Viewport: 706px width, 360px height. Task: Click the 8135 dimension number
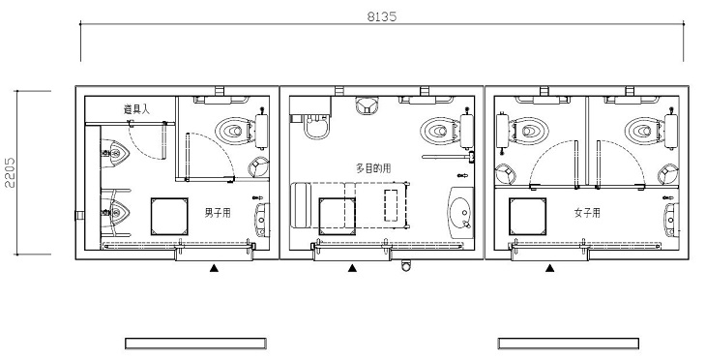tap(382, 16)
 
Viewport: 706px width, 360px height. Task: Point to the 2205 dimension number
tap(10, 172)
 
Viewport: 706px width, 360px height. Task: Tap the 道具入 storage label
tap(136, 109)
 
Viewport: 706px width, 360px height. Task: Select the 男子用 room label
tap(218, 213)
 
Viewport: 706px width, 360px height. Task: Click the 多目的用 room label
tap(373, 168)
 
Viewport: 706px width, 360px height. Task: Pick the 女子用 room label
tap(587, 213)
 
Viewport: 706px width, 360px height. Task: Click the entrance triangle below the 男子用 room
tap(215, 268)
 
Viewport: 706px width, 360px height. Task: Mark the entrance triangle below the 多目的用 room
tap(352, 268)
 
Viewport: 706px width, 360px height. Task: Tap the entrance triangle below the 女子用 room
tap(549, 268)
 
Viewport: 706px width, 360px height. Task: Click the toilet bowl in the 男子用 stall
tap(235, 131)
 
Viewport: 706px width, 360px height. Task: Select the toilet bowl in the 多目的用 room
tap(439, 131)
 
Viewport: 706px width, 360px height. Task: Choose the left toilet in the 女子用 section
tap(529, 131)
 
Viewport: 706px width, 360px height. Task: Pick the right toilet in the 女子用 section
tap(644, 131)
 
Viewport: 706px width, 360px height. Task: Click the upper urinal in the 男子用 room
tap(115, 153)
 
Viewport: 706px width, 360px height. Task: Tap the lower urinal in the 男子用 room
tap(115, 212)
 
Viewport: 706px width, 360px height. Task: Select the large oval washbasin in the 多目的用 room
tap(460, 212)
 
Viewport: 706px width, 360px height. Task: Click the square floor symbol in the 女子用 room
tap(527, 216)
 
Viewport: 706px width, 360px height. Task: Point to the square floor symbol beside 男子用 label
tap(169, 216)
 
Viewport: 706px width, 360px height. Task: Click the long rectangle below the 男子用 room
tap(196, 344)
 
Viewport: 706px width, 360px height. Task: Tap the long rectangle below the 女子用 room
tap(569, 344)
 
